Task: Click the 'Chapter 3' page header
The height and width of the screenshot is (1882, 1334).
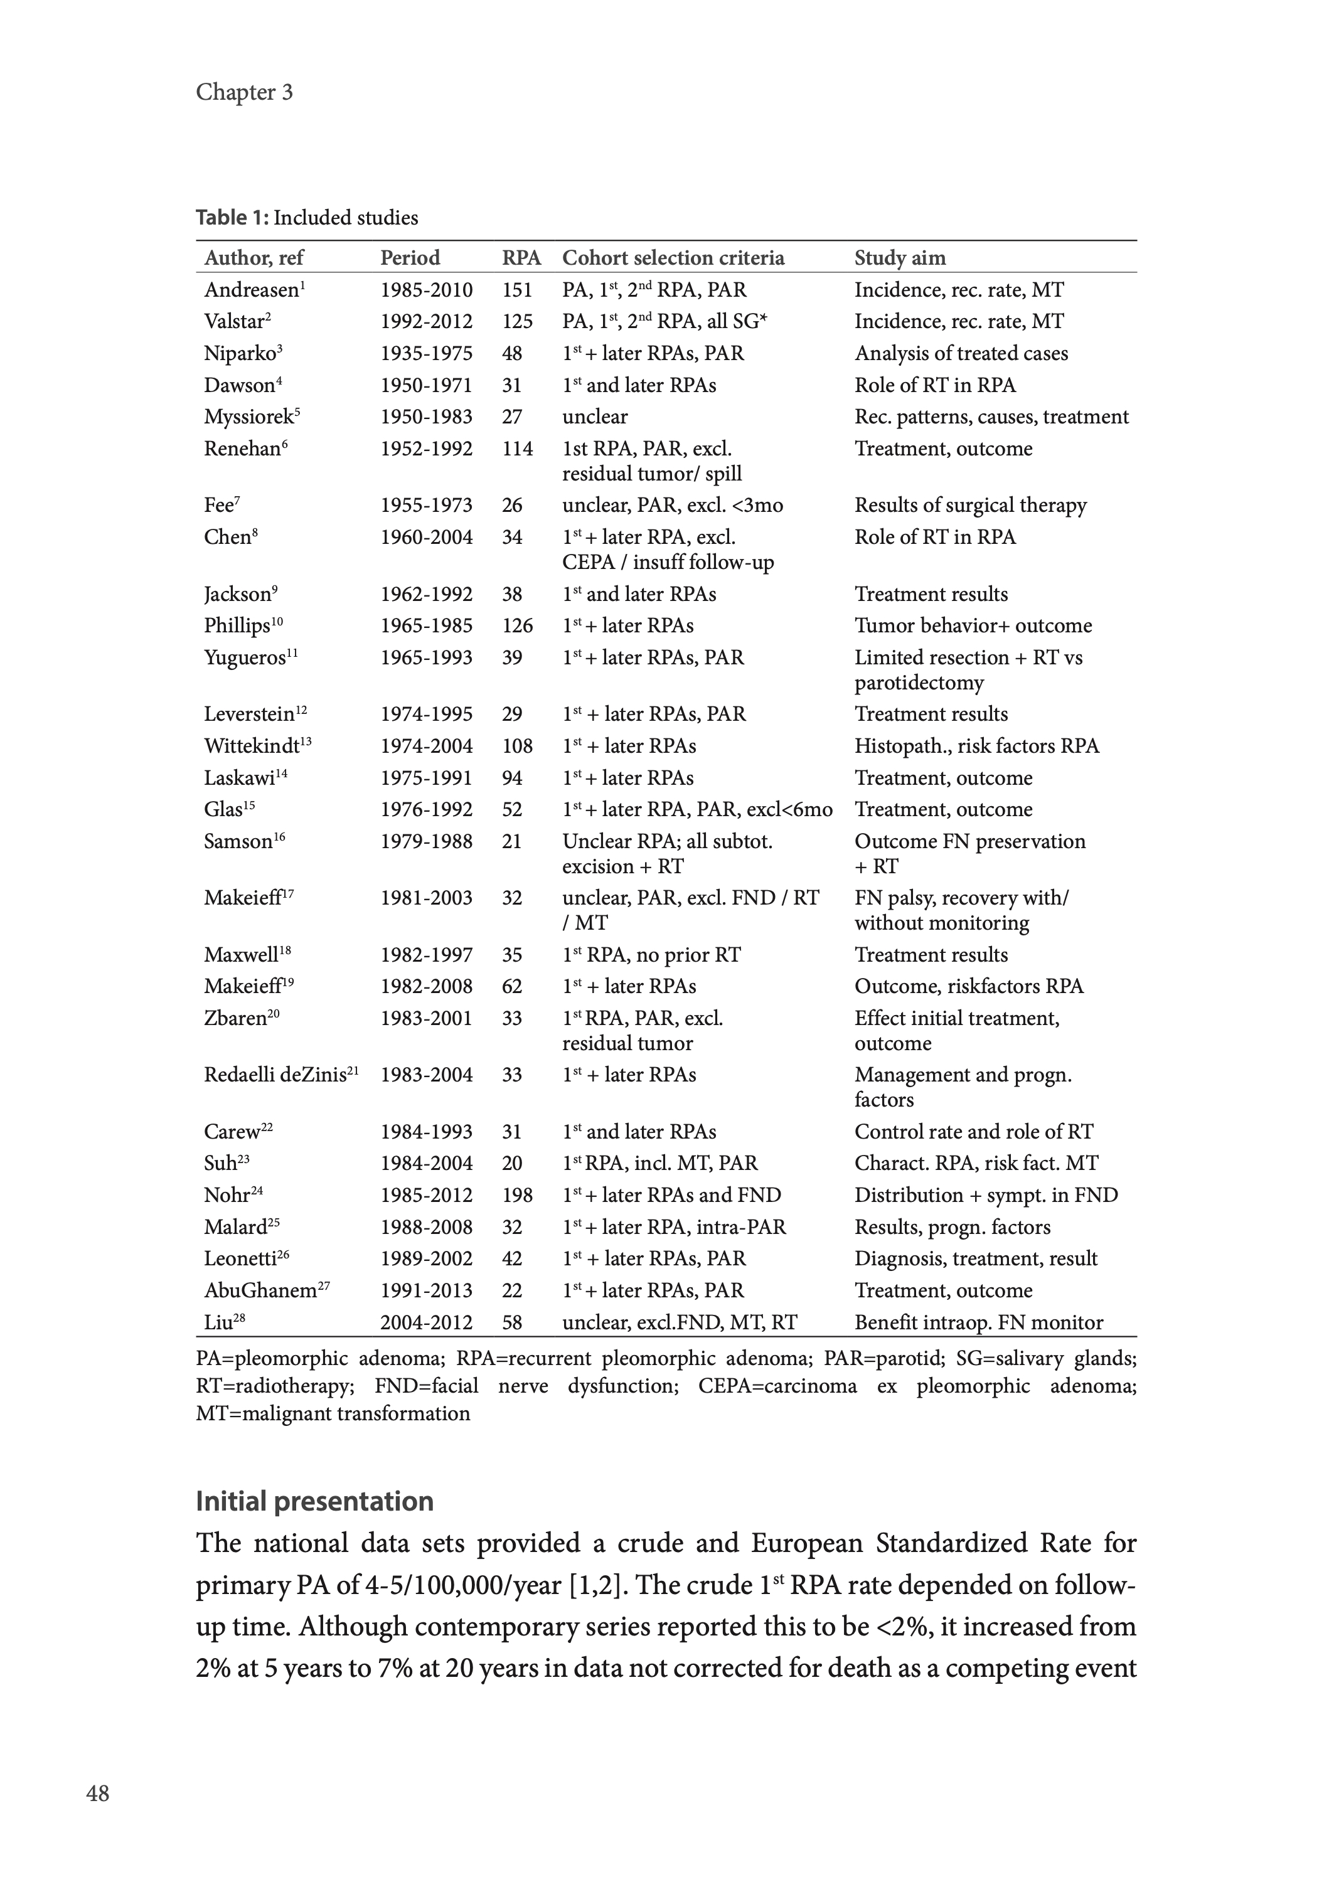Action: pyautogui.click(x=244, y=92)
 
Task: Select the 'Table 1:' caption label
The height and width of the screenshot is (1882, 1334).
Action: pyautogui.click(x=232, y=218)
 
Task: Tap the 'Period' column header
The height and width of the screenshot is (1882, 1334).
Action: pyautogui.click(x=410, y=258)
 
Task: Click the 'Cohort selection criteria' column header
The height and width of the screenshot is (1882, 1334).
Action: pyautogui.click(x=673, y=258)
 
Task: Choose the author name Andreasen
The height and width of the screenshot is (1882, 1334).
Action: pyautogui.click(x=252, y=290)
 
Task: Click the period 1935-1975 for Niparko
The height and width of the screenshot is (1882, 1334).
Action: pyautogui.click(x=426, y=353)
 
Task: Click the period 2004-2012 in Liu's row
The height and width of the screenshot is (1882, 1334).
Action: pyautogui.click(x=426, y=1322)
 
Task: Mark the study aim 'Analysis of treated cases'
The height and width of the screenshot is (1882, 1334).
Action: pyautogui.click(x=961, y=353)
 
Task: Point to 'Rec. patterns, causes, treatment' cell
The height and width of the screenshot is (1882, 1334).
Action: pyautogui.click(x=991, y=417)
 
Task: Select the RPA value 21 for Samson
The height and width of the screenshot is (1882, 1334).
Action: pyautogui.click(x=512, y=842)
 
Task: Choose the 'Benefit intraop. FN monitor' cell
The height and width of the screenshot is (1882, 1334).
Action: pyautogui.click(x=978, y=1322)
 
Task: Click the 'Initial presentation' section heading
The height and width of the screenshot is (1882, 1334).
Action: pyautogui.click(x=314, y=1501)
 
